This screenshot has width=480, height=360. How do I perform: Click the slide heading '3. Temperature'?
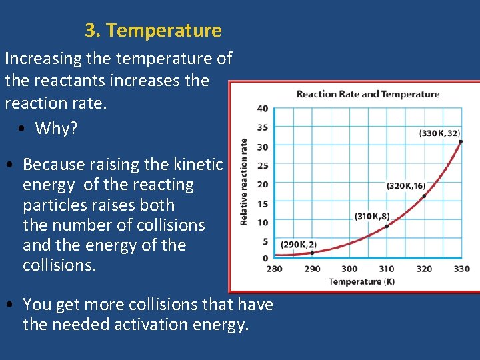(153, 31)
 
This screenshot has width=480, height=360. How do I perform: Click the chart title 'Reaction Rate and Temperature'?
(367, 94)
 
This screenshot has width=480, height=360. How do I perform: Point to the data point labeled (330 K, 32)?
(461, 142)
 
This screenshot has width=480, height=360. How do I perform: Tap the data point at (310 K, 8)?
(387, 226)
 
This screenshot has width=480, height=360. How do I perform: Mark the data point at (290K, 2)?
(312, 252)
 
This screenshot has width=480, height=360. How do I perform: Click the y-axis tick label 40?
(263, 109)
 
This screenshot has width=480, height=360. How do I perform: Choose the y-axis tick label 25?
(263, 165)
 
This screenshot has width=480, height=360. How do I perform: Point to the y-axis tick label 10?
(263, 223)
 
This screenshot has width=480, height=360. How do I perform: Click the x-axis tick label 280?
(274, 269)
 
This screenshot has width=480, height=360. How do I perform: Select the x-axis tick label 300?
(349, 269)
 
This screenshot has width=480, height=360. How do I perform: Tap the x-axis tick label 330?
(461, 269)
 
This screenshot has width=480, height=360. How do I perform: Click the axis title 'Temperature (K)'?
(361, 281)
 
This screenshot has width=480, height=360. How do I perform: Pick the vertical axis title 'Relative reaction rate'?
(245, 181)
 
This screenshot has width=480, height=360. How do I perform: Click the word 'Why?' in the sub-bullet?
(56, 128)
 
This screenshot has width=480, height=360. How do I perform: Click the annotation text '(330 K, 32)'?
(439, 133)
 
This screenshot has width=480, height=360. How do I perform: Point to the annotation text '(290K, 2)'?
(298, 245)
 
